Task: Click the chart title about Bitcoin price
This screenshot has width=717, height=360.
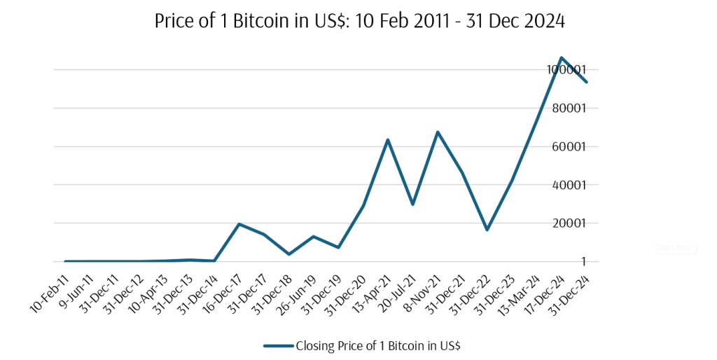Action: [358, 22]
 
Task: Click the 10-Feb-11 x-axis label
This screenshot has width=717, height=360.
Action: [48, 295]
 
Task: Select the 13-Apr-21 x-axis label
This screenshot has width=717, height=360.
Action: [370, 295]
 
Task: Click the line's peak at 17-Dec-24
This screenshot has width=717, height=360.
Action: [562, 57]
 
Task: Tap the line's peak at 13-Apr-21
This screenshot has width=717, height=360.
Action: [388, 140]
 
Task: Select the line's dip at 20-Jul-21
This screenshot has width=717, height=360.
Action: [412, 205]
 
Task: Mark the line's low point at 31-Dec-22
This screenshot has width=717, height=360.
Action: [487, 230]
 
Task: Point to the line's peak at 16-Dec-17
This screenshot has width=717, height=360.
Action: [239, 224]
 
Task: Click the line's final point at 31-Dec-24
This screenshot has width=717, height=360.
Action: [586, 82]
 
